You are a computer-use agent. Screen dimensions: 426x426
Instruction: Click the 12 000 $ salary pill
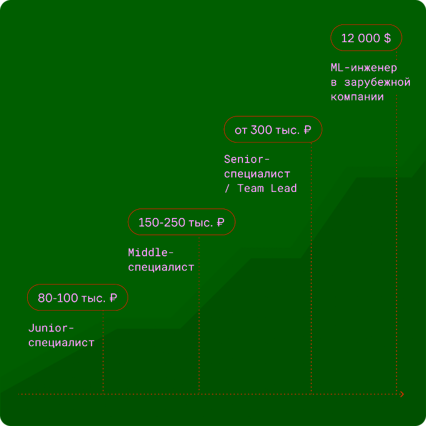[x=366, y=38]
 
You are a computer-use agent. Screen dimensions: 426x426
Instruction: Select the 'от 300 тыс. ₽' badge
[x=273, y=129]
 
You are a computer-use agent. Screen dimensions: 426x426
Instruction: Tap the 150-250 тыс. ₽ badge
[x=181, y=222]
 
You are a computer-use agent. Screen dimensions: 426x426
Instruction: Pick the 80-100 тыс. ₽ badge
[x=78, y=297]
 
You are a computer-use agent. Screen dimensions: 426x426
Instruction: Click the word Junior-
[x=51, y=328]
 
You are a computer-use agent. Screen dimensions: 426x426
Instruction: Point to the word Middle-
[x=150, y=252]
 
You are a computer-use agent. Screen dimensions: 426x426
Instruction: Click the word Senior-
[x=246, y=159]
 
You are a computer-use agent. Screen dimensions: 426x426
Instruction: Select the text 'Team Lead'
[x=267, y=188]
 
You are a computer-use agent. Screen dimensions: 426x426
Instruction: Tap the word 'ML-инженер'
[x=364, y=68]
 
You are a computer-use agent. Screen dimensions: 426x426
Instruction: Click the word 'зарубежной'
[x=377, y=82]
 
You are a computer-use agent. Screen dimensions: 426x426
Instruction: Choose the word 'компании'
[x=357, y=97]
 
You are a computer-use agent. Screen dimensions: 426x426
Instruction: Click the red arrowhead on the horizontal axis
[x=402, y=394]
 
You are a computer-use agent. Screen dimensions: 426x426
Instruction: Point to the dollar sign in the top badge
[x=387, y=38]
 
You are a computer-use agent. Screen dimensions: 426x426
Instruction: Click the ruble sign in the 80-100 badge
[x=113, y=298]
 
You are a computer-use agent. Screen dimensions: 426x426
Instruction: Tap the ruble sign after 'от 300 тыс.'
[x=307, y=130]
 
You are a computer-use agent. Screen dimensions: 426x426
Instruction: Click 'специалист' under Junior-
[x=61, y=343]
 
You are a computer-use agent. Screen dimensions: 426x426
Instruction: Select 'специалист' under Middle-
[x=161, y=267]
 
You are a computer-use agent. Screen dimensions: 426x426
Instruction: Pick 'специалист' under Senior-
[x=257, y=174]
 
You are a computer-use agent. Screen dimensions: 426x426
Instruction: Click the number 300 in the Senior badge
[x=261, y=130]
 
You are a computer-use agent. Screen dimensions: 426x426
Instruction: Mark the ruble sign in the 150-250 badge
[x=220, y=222]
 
